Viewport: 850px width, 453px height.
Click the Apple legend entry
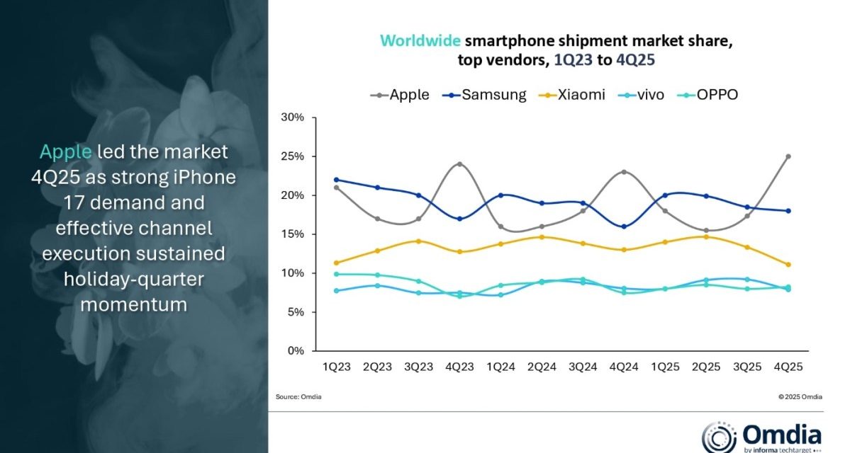pyautogui.click(x=400, y=94)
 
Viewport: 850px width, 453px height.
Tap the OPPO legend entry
pyautogui.click(x=710, y=94)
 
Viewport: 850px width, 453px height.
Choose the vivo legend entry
pyautogui.click(x=642, y=94)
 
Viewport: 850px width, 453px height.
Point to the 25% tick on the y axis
pyautogui.click(x=293, y=156)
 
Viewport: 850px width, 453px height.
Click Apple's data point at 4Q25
pyautogui.click(x=788, y=156)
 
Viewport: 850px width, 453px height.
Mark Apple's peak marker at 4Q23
pyautogui.click(x=459, y=164)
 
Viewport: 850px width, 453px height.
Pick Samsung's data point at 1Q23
pyautogui.click(x=335, y=180)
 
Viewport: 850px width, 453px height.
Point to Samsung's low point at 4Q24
pyautogui.click(x=624, y=226)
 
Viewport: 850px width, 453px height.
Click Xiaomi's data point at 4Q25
pyautogui.click(x=788, y=265)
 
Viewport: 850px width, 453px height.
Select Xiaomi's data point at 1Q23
pyautogui.click(x=335, y=263)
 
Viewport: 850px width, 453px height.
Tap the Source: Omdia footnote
pyautogui.click(x=298, y=396)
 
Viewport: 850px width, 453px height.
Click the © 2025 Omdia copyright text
pyautogui.click(x=800, y=396)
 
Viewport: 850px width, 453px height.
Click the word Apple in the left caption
pyautogui.click(x=65, y=151)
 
